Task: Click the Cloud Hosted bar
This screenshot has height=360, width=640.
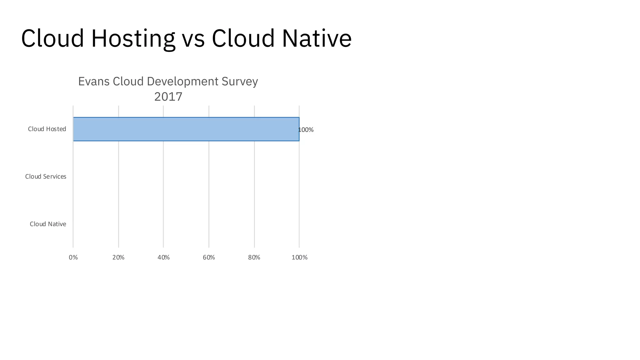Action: tap(186, 129)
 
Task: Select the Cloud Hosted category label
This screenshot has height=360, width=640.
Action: tap(47, 129)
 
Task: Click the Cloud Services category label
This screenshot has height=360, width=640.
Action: tap(46, 177)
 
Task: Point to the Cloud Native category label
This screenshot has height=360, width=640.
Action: tap(48, 224)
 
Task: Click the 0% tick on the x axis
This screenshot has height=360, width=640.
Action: tap(73, 257)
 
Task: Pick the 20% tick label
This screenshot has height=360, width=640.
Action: tap(118, 257)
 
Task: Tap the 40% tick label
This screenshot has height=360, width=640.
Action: tap(163, 257)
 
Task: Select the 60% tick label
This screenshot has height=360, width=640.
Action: tap(209, 257)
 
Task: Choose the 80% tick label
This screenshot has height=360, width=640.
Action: tap(254, 257)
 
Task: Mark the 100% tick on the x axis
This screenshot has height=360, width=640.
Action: tap(299, 257)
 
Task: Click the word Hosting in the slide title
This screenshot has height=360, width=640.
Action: tap(133, 39)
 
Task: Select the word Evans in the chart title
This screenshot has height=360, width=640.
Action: tap(94, 81)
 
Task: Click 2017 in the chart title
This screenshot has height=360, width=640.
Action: tap(168, 97)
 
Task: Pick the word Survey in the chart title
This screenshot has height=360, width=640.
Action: tap(240, 82)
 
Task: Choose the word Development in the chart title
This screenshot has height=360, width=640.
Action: tap(182, 82)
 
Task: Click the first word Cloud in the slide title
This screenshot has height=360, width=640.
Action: tap(52, 38)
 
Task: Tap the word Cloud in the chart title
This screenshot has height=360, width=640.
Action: tap(128, 81)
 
